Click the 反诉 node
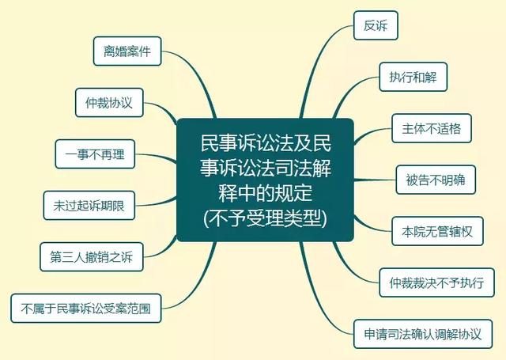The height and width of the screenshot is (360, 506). pyautogui.click(x=376, y=25)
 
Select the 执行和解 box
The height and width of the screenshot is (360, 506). pyautogui.click(x=413, y=77)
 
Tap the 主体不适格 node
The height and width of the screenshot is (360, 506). pyautogui.click(x=432, y=128)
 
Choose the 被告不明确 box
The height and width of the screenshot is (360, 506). pyautogui.click(x=436, y=180)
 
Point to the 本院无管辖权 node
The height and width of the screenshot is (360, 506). pyautogui.click(x=437, y=231)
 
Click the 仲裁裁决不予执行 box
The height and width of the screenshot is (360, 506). pyautogui.click(x=436, y=282)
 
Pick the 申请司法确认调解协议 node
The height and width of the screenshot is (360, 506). pyautogui.click(x=423, y=334)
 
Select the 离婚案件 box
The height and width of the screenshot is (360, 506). pyautogui.click(x=127, y=51)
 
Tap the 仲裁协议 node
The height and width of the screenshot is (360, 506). pyautogui.click(x=109, y=102)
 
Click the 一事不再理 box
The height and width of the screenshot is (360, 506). pyautogui.click(x=95, y=154)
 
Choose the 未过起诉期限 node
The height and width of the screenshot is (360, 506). pyautogui.click(x=89, y=206)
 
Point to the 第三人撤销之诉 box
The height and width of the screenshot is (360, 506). pyautogui.click(x=92, y=256)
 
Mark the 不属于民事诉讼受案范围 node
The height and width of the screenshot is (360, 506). pyautogui.click(x=86, y=308)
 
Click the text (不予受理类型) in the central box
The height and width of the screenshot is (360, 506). pyautogui.click(x=266, y=218)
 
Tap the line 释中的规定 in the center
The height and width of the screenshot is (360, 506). pyautogui.click(x=266, y=193)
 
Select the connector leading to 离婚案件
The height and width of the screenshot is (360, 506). pyautogui.click(x=198, y=75)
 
